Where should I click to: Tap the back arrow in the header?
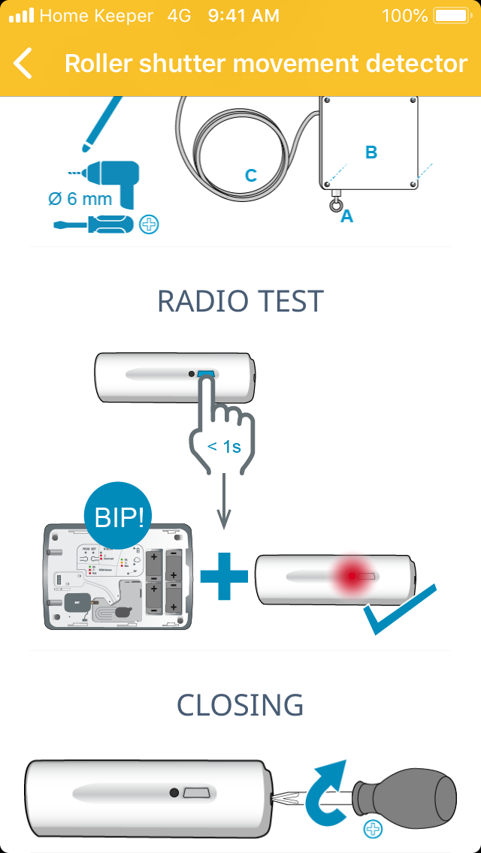point(23,63)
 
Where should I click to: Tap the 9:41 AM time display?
point(244,16)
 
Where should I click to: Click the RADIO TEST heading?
point(240,301)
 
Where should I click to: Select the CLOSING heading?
point(240,705)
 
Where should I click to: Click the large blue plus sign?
point(224,576)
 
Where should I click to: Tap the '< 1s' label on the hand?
point(224,447)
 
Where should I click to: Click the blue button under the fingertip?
point(206,373)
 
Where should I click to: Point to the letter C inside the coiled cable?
point(251,176)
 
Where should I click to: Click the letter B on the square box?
point(371,152)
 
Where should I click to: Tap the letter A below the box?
point(347,217)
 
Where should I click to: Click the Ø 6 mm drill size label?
point(80,199)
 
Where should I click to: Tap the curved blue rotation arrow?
point(325,788)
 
